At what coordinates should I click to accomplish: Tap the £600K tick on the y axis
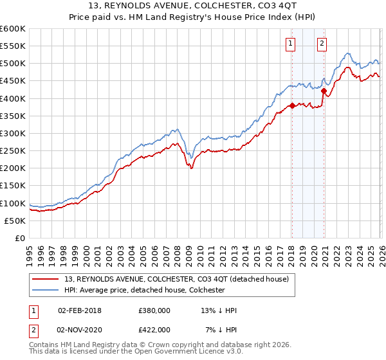[13, 29]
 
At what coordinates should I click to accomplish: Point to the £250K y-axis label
[13, 151]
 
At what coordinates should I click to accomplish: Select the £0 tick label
[20, 239]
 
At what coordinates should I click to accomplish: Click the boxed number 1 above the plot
[291, 44]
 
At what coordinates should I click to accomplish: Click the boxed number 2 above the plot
[322, 44]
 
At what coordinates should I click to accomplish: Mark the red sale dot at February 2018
[291, 105]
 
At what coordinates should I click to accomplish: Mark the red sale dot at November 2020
[323, 91]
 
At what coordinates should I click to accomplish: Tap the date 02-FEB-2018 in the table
[80, 310]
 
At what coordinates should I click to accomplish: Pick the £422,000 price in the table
[154, 329]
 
